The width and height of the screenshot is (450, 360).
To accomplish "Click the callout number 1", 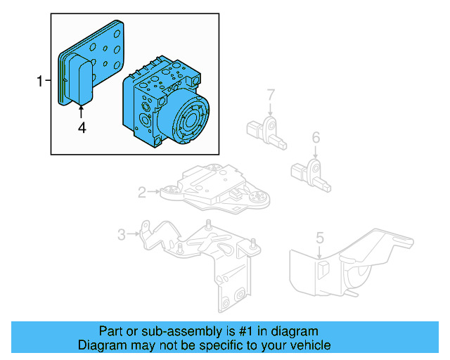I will click(40, 82).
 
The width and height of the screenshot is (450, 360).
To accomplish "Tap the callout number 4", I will click(82, 127).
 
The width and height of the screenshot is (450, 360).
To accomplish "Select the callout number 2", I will click(142, 191).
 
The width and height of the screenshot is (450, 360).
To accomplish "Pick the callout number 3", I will click(121, 234).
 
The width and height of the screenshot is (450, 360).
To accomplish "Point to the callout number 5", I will click(319, 238).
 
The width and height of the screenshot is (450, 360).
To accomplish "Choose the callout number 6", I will click(316, 136).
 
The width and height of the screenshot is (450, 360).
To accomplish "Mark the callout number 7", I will click(270, 94).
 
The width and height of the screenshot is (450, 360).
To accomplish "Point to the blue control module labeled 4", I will click(80, 81).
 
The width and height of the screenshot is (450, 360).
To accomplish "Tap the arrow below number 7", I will click(270, 109).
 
